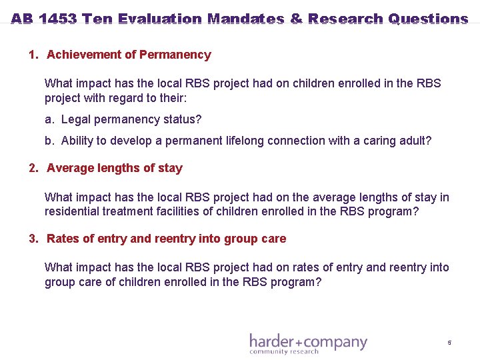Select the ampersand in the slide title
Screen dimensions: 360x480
(296, 19)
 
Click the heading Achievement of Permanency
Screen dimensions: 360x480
(129, 55)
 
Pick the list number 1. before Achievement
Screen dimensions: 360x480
(33, 55)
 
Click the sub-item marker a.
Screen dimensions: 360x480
(49, 119)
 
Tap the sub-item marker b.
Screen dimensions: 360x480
(49, 141)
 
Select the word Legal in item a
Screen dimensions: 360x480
(75, 119)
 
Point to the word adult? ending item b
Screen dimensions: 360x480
(415, 141)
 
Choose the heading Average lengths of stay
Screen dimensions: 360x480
(114, 168)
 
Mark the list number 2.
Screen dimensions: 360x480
(33, 168)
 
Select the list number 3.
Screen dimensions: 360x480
(33, 239)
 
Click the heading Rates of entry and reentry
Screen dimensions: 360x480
(166, 239)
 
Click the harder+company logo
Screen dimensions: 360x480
(308, 342)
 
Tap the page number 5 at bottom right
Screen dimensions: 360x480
(449, 343)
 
